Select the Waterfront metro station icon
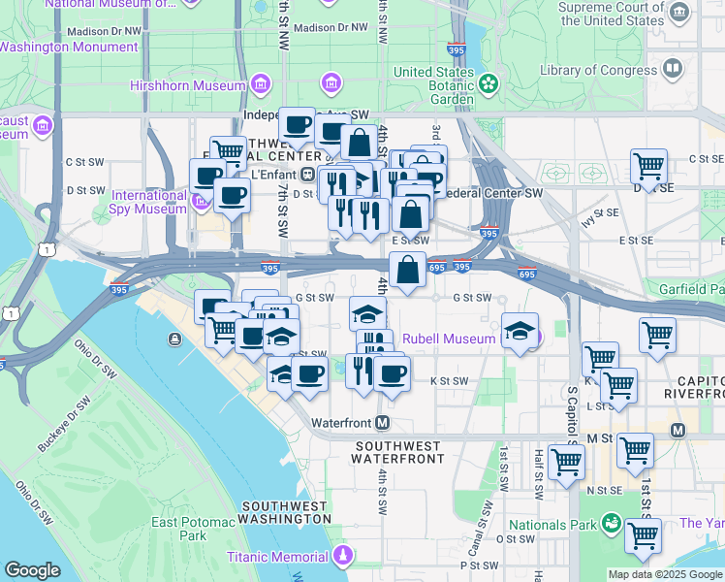click(383, 423)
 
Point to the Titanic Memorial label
click(277, 557)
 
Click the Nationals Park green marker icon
click(611, 525)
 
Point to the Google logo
click(33, 570)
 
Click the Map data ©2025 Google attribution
click(664, 574)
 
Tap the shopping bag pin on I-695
click(408, 270)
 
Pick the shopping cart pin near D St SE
click(648, 167)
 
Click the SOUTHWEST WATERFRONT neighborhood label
click(398, 452)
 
